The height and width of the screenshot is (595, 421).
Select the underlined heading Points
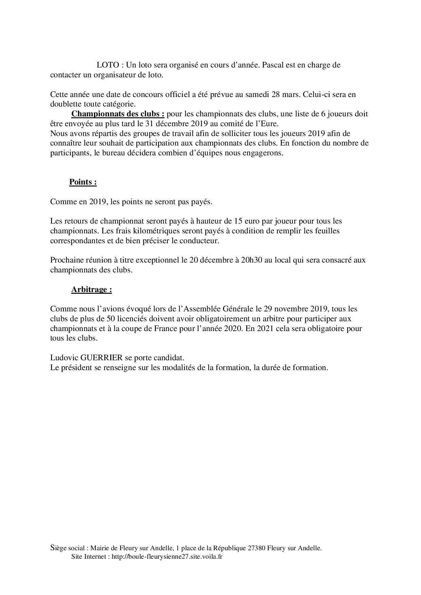(x=83, y=182)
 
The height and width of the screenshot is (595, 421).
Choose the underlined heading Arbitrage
(x=91, y=290)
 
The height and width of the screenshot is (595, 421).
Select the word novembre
(x=291, y=309)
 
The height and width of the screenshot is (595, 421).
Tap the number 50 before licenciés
(x=106, y=319)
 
